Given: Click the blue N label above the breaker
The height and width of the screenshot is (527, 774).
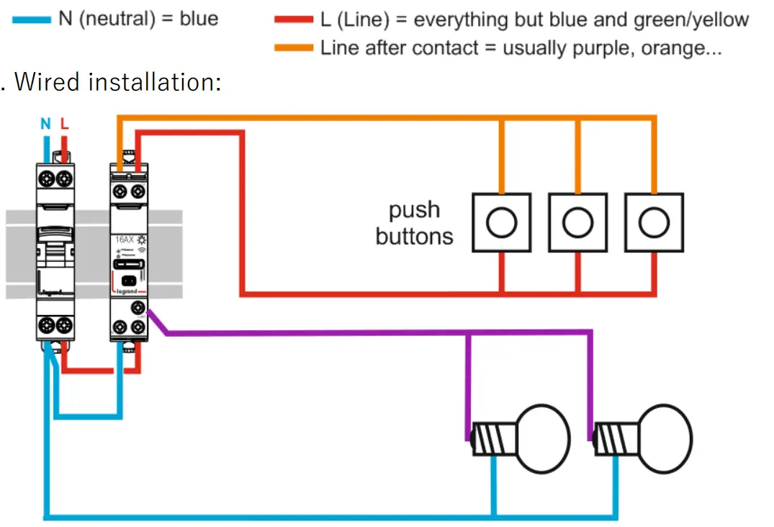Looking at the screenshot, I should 46,124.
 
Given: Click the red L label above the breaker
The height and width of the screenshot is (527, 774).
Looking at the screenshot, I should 65,124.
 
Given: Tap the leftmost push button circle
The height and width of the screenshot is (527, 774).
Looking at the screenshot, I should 501,223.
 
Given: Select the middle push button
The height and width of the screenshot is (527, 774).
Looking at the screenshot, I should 577,223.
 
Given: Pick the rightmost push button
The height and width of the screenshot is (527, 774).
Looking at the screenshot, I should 654,223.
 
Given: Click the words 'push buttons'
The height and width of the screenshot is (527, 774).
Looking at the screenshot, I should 414,223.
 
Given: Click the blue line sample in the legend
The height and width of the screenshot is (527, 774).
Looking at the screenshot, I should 32,19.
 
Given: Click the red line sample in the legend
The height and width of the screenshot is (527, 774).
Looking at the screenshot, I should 294,19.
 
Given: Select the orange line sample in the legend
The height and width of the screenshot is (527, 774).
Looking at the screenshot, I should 294,48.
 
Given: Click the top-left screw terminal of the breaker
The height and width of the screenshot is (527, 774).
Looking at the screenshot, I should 47,177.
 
